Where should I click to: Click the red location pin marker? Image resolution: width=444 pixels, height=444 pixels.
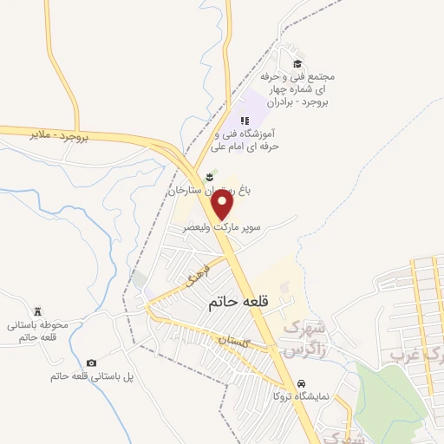click(x=223, y=205)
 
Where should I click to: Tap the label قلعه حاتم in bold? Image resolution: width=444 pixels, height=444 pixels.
click(x=241, y=304)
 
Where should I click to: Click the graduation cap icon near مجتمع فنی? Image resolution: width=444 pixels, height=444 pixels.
click(x=297, y=62)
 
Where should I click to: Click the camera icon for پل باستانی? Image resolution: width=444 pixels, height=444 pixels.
click(x=91, y=362)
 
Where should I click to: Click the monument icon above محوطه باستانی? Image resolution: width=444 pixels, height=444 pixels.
click(x=37, y=310)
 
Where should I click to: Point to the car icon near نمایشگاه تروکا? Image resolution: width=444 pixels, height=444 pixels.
click(x=300, y=382)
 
